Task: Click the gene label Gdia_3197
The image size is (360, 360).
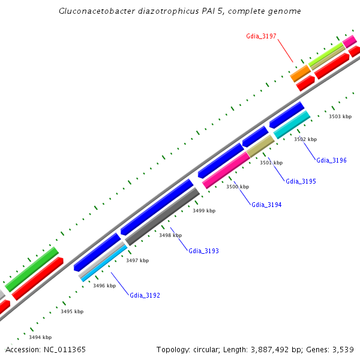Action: tap(261, 36)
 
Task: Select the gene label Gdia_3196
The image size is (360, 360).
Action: tap(332, 160)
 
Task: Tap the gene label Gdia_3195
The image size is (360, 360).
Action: tap(301, 181)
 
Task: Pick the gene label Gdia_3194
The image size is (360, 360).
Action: tap(266, 205)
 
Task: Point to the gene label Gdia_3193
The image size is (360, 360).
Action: tap(203, 251)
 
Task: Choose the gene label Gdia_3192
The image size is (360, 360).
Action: tap(145, 295)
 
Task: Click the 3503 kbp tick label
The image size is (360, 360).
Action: tap(340, 116)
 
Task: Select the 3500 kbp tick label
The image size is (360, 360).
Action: tap(237, 187)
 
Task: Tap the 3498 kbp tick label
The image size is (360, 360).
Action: tap(170, 235)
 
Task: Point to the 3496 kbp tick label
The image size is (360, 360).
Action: tap(104, 286)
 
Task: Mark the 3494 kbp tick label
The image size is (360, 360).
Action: tap(40, 337)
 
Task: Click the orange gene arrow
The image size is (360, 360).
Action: tap(301, 73)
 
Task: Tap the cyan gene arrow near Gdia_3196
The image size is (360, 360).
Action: tap(292, 125)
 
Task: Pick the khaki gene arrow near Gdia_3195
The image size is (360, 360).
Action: tap(260, 146)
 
